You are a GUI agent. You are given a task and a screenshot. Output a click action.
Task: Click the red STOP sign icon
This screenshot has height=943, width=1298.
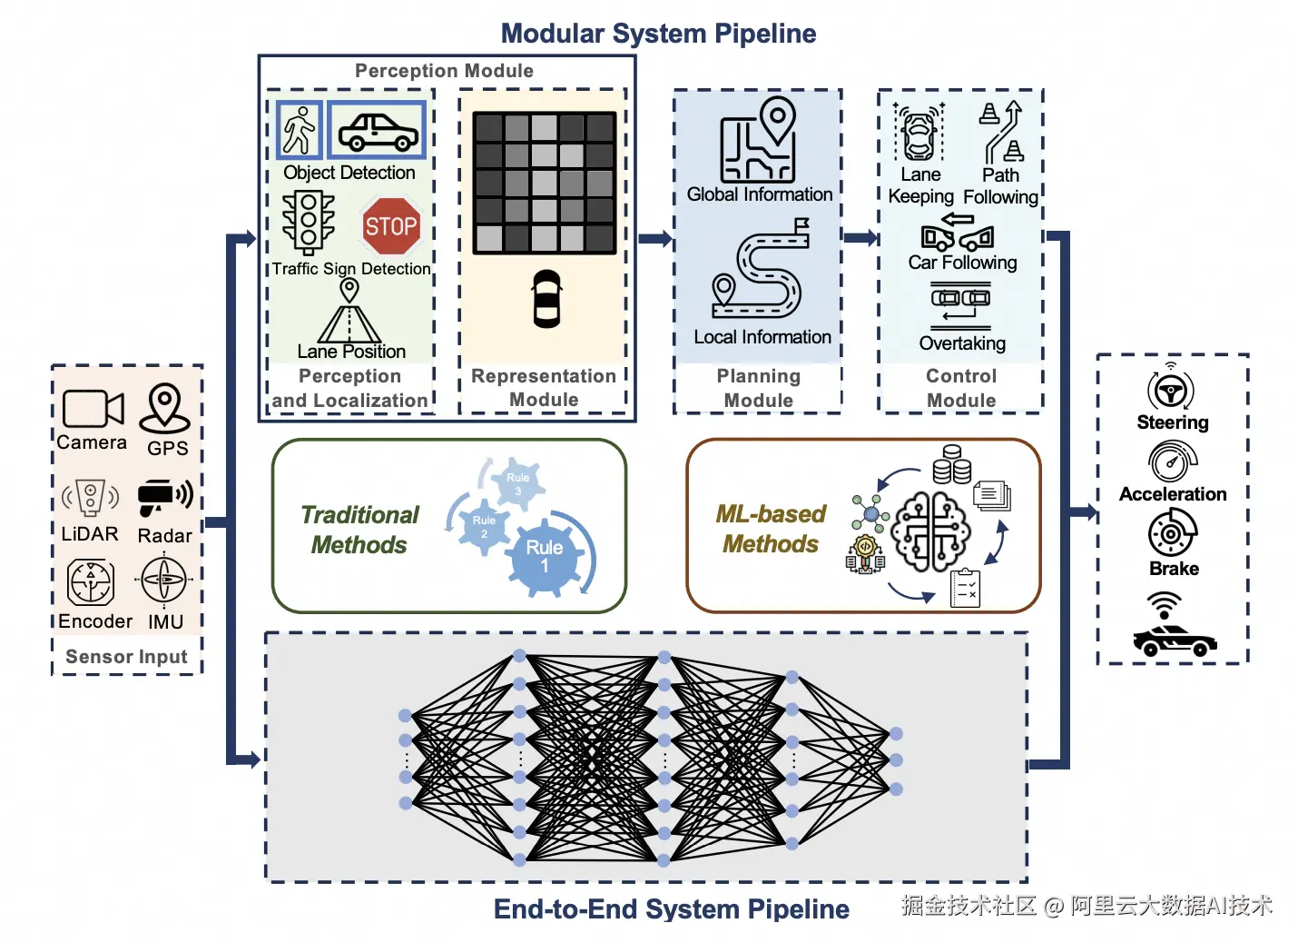coord(391,226)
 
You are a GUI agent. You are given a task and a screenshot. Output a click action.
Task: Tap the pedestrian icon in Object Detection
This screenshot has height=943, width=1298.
coord(299,130)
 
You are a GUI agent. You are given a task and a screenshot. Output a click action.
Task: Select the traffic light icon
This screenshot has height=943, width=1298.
coord(309,221)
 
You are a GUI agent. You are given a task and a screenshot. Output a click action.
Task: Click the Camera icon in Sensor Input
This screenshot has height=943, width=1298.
coord(92,409)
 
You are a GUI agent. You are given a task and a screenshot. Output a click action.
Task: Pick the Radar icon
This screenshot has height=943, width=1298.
coord(164,496)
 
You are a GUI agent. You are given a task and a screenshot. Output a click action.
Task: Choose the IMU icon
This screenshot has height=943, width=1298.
coord(164,581)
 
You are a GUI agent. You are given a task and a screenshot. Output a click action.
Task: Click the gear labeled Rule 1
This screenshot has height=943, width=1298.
coord(545,556)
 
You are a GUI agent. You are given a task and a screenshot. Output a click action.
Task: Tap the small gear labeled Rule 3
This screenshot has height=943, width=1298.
coord(518,482)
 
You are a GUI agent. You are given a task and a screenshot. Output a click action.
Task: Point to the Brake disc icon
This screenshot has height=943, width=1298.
coord(1172,533)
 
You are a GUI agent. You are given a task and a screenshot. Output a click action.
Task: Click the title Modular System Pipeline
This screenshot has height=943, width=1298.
coord(658,34)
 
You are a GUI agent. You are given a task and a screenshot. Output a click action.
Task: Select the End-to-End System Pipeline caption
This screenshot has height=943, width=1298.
coord(671,908)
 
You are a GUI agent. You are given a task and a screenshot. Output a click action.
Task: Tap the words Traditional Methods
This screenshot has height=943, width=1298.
coord(360,530)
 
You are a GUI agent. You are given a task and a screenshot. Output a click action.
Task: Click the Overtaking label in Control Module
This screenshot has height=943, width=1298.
coord(962,343)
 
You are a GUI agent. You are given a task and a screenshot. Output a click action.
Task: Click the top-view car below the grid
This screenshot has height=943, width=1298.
coord(546,298)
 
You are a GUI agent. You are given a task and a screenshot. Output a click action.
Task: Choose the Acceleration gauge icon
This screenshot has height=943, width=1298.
coord(1172,462)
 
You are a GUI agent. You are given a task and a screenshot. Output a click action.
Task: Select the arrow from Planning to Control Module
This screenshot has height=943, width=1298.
coord(860,238)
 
